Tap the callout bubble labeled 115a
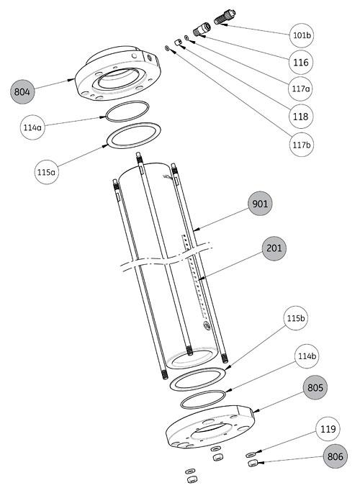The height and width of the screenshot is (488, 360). pyautogui.click(x=48, y=172)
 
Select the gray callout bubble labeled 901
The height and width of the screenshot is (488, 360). pyautogui.click(x=261, y=204)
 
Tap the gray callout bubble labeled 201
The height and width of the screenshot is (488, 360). pyautogui.click(x=274, y=248)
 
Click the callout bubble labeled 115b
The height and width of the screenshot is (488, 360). pyautogui.click(x=296, y=337)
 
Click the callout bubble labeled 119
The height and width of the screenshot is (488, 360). pyautogui.click(x=327, y=431)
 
